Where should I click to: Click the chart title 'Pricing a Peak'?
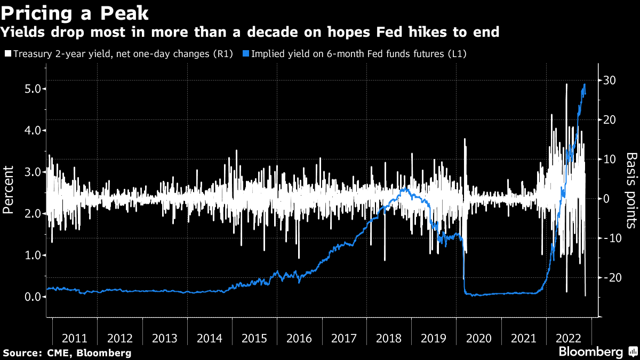(x=74, y=12)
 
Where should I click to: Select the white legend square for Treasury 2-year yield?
(x=7, y=54)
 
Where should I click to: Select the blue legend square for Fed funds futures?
(x=246, y=54)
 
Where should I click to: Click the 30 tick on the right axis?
(x=609, y=80)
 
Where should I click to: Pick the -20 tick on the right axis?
(x=609, y=277)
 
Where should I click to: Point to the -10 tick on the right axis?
(x=609, y=238)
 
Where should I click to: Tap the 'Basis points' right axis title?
(x=632, y=190)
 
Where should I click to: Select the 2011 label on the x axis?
(x=75, y=338)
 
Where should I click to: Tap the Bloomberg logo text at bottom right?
(x=590, y=352)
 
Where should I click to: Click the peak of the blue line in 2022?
(x=585, y=84)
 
